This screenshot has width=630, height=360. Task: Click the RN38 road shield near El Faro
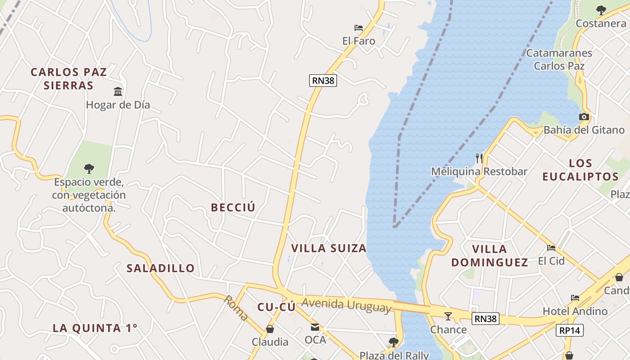tap(323, 81)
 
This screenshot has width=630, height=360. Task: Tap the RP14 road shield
tap(570, 330)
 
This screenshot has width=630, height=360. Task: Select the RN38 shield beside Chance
tap(486, 319)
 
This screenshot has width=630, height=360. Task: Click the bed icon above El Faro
tap(359, 28)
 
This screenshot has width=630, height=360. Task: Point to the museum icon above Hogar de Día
tap(118, 91)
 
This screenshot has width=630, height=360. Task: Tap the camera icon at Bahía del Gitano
tap(584, 117)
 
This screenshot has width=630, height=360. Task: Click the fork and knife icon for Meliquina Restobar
tap(479, 158)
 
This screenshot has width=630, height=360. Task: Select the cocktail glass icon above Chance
tap(448, 316)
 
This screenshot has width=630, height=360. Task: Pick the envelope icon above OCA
tap(315, 327)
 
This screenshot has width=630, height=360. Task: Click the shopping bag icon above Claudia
tap(270, 329)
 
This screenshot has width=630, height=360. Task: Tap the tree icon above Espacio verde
tap(89, 169)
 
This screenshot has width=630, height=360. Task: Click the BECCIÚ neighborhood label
tap(233, 207)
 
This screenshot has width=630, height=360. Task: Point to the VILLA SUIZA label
tap(328, 248)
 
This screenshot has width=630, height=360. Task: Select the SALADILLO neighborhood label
tap(161, 268)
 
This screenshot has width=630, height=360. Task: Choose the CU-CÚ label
tap(276, 307)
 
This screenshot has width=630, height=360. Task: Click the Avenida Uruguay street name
tap(346, 305)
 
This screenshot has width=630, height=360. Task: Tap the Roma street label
tap(236, 308)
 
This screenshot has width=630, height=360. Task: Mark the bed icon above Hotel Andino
tap(575, 297)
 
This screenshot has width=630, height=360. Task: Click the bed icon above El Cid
tap(551, 247)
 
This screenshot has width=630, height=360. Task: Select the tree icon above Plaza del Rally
tap(394, 342)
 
